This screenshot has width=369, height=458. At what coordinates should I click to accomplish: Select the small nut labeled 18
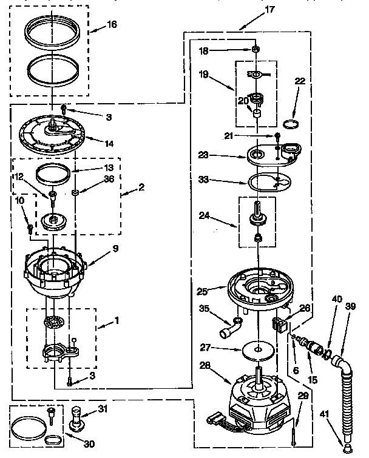[x=257, y=49]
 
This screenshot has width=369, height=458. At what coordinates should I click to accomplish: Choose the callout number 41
[x=324, y=414]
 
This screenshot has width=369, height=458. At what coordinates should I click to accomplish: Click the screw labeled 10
[x=30, y=228]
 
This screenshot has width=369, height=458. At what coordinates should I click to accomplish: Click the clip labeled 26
[x=279, y=322]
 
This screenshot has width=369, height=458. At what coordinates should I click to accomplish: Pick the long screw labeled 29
[x=293, y=431]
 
